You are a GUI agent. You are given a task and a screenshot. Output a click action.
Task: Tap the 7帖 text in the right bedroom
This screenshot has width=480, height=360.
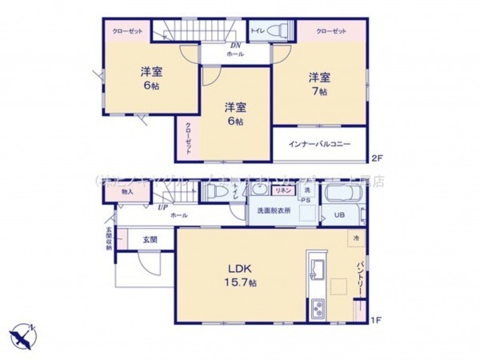click(x=320, y=91)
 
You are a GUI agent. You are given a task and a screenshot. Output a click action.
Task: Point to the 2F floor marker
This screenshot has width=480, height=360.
click(x=375, y=157)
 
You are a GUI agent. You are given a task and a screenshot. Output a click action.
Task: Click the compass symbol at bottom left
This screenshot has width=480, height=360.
click(x=22, y=333)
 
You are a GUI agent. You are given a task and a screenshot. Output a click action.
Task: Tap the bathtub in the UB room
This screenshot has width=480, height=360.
click(x=345, y=196)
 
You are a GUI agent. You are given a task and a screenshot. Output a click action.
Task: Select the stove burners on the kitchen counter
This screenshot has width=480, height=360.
click(x=314, y=307)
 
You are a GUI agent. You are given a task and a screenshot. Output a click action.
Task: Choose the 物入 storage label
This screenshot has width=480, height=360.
click(x=128, y=192)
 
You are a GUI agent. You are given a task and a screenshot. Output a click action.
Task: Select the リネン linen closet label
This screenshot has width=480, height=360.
click(x=283, y=191)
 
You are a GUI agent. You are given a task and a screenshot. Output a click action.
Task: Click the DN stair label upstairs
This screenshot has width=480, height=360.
click(x=236, y=45)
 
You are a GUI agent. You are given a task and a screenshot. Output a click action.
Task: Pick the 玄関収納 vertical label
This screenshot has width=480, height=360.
click(x=109, y=240)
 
